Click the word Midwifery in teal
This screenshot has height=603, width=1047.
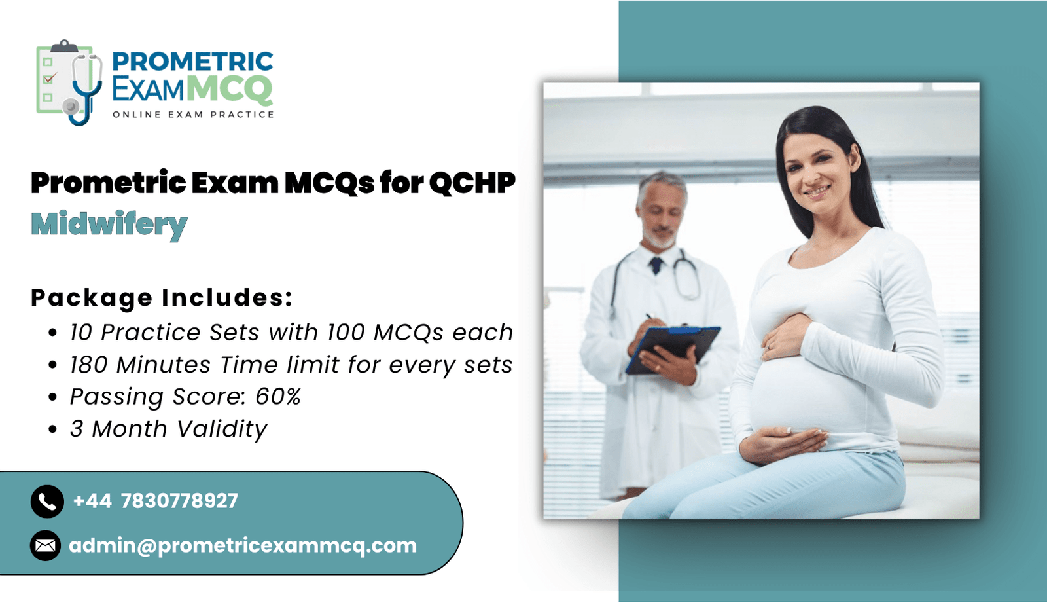pos(109,225)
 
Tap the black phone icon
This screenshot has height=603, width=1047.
pos(47,502)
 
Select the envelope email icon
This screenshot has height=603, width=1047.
pos(45,545)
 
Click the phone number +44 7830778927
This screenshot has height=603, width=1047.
pos(156,501)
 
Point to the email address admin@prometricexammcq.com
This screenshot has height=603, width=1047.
pos(243,546)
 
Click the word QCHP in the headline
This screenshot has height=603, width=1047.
pos(472,183)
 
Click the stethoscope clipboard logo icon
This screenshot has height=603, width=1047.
pos(69,82)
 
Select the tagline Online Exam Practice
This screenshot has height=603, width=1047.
pos(193,115)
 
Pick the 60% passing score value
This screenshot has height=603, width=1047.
pos(278,397)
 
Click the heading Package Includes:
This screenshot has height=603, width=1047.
pos(162,297)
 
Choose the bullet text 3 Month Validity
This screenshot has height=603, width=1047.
pos(168,429)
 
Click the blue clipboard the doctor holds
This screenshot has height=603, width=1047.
pos(673,349)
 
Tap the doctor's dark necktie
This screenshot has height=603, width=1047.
pos(656,265)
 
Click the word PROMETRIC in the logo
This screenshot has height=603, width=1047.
pos(193,62)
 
